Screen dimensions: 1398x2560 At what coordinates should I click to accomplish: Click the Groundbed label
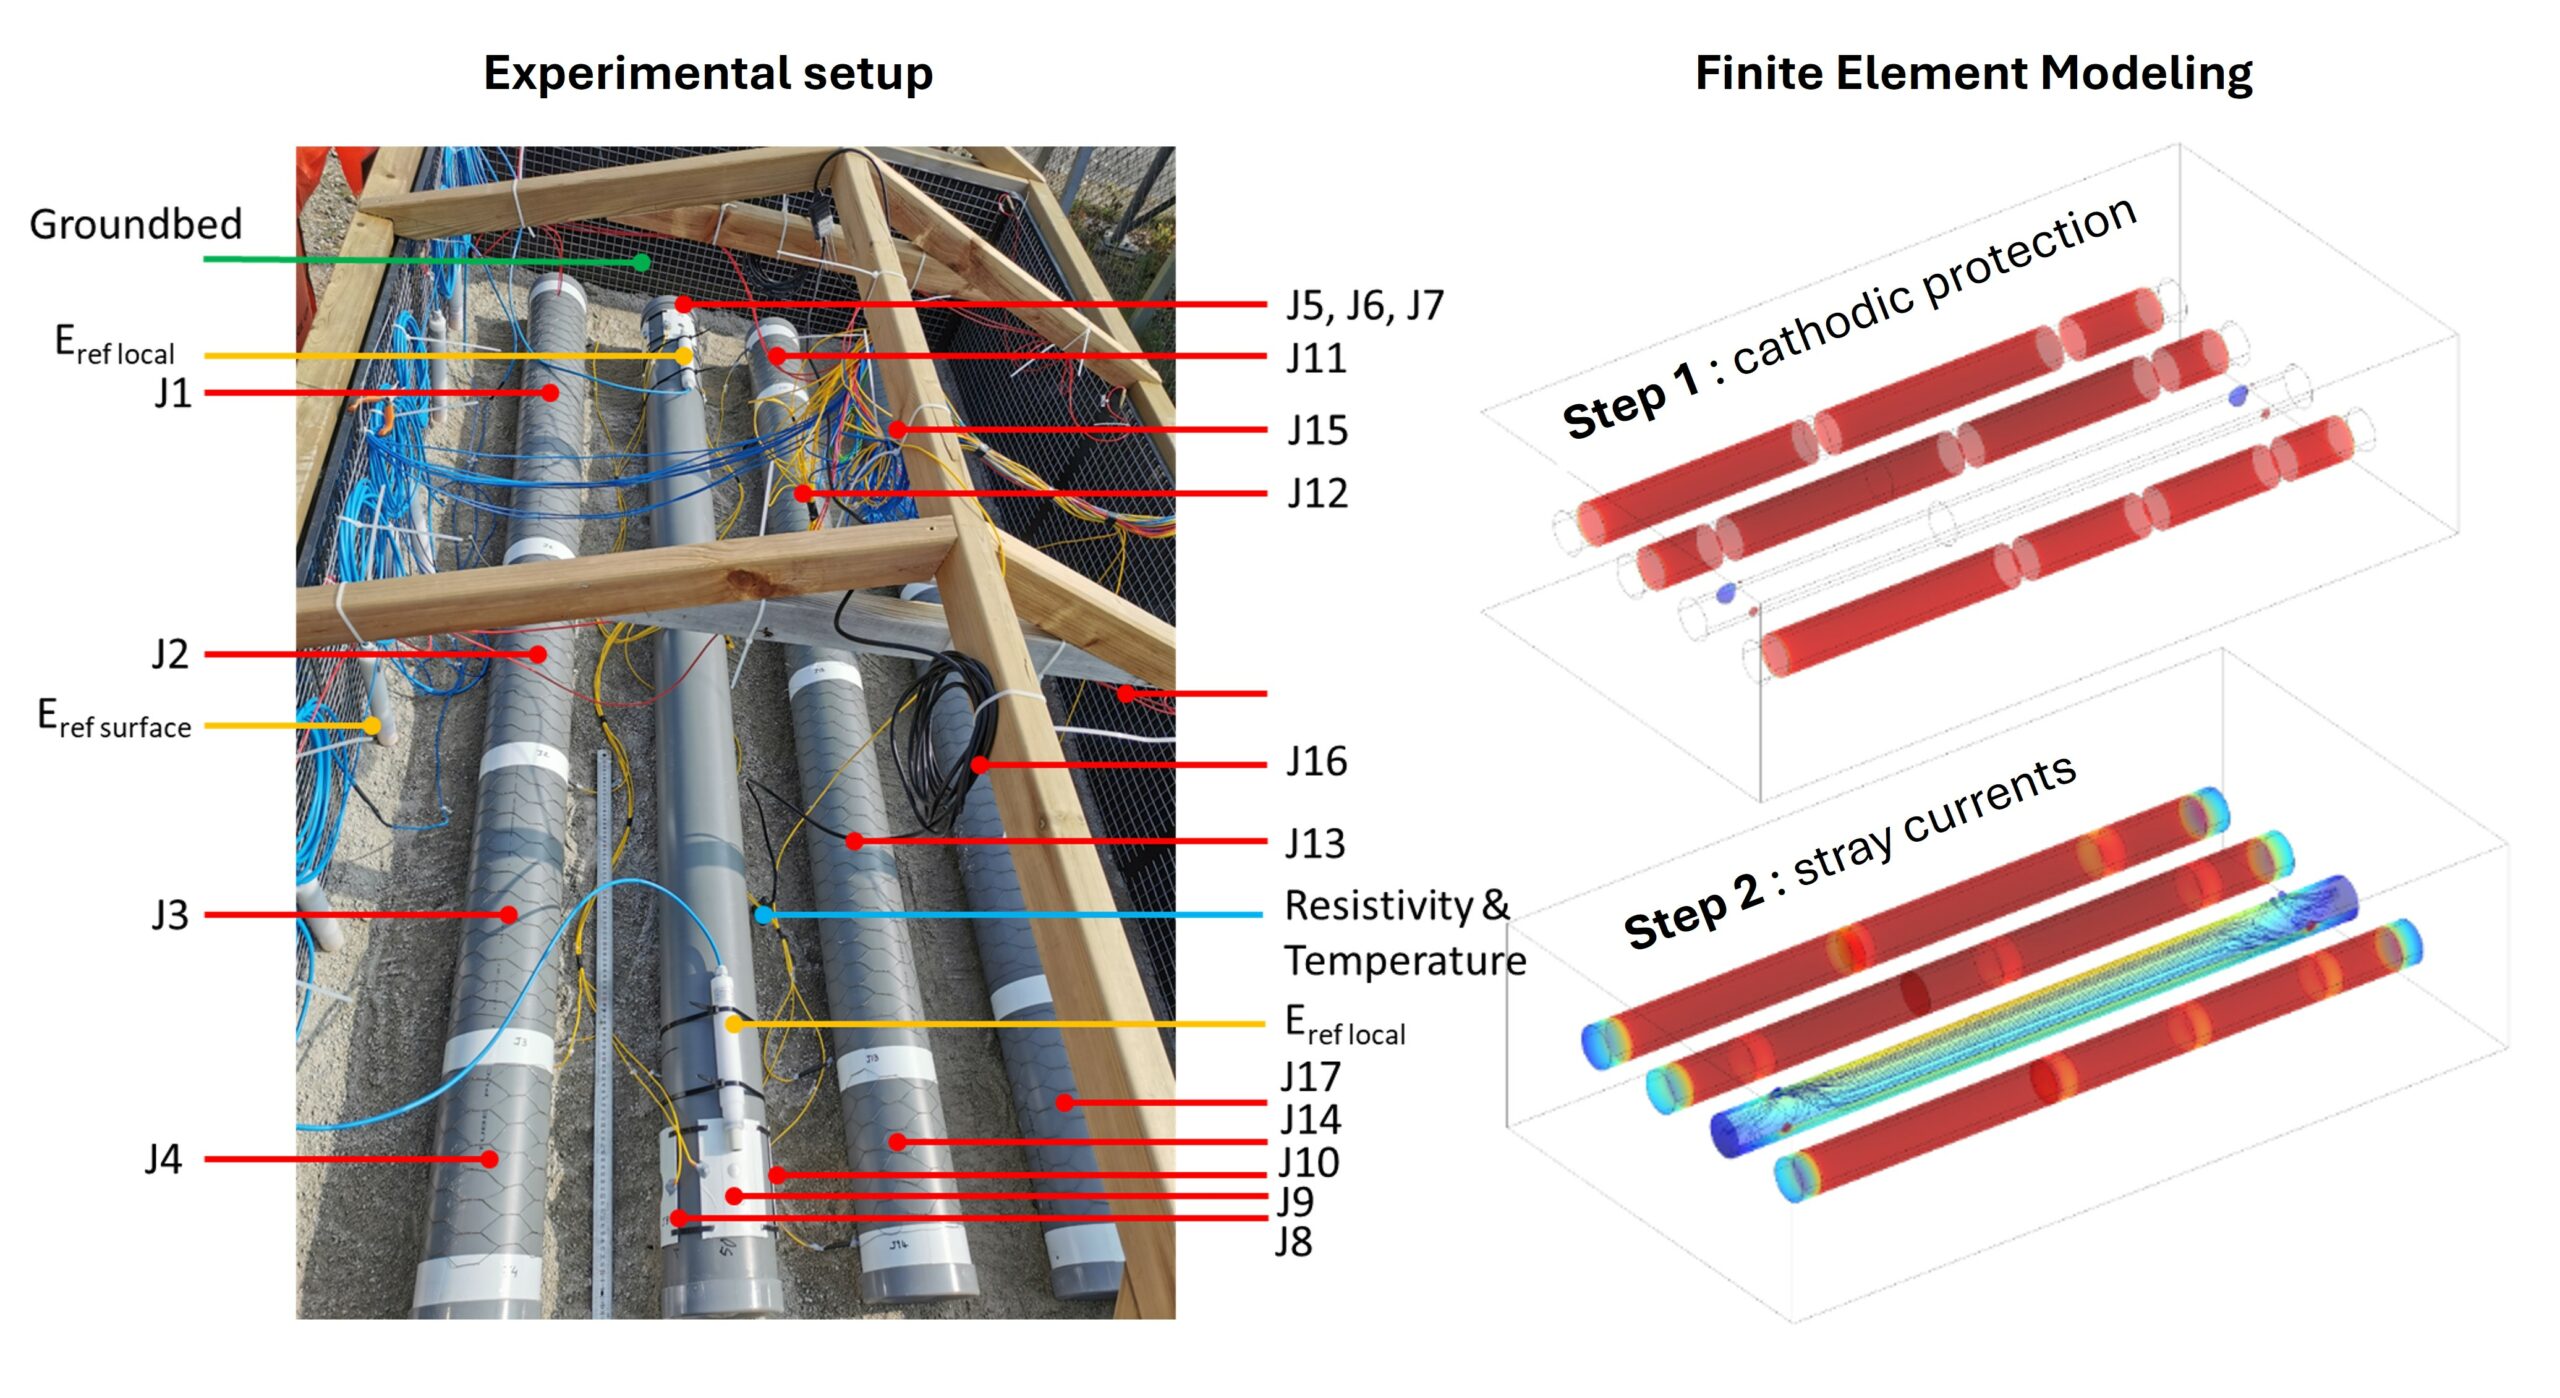click(135, 224)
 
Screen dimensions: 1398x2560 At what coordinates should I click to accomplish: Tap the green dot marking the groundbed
click(641, 263)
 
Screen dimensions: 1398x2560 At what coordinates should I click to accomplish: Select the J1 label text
click(172, 393)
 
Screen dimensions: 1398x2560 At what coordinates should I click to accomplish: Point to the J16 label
click(1316, 762)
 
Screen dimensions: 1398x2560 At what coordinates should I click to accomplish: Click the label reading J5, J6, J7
click(1365, 305)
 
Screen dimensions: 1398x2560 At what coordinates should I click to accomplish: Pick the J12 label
click(1317, 493)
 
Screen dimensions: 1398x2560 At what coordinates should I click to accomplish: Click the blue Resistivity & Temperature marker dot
click(763, 914)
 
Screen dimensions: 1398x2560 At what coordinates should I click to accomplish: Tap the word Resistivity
click(1378, 905)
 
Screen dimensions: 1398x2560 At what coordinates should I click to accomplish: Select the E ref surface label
click(114, 719)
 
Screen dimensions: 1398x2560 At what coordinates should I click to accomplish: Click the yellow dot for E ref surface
click(372, 725)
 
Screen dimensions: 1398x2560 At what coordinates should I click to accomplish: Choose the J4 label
click(163, 1159)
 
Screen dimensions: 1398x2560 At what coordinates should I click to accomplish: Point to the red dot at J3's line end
click(509, 914)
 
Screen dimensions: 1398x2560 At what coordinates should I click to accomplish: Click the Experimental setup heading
click(708, 73)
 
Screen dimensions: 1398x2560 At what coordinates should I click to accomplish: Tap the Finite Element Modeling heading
click(1973, 73)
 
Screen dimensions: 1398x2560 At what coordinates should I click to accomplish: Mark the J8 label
click(1293, 1242)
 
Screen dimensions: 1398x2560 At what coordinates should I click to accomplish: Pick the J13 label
click(1315, 844)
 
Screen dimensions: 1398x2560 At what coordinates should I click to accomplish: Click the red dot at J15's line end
click(898, 430)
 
